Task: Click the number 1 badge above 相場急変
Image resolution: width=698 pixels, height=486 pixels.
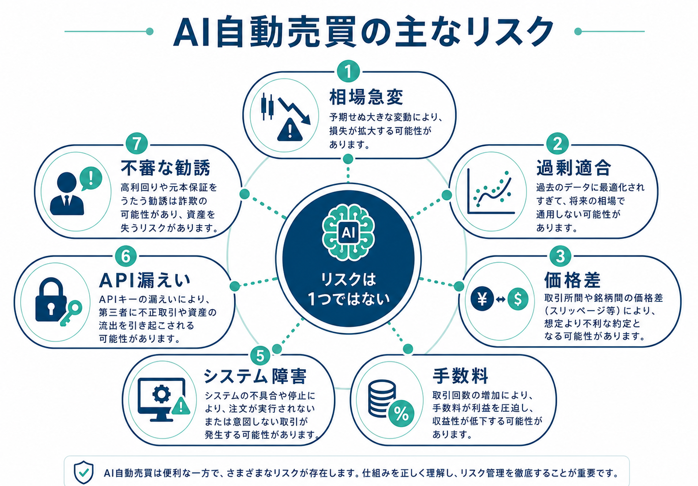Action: [348, 72]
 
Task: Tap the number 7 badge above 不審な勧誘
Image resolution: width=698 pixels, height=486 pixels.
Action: [137, 145]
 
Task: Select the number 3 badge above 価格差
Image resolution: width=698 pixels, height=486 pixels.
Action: [560, 256]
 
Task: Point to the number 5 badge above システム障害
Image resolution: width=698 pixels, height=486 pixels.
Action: [260, 356]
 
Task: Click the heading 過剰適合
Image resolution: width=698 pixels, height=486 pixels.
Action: [573, 168]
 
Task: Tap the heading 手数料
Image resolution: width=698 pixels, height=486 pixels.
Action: [460, 376]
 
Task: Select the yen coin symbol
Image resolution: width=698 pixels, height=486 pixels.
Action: [482, 299]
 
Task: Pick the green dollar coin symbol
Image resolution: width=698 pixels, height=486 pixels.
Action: [518, 299]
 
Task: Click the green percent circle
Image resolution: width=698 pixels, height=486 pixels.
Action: [402, 414]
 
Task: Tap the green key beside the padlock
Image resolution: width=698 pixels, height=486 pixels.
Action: [71, 313]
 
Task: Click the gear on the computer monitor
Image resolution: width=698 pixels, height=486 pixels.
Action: [161, 394]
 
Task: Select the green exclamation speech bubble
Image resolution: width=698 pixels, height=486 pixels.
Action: [91, 178]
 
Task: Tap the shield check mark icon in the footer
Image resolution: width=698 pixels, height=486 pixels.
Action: [83, 472]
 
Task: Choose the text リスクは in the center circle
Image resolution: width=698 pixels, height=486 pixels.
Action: [349, 279]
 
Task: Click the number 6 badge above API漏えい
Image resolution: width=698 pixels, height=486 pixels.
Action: [126, 256]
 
